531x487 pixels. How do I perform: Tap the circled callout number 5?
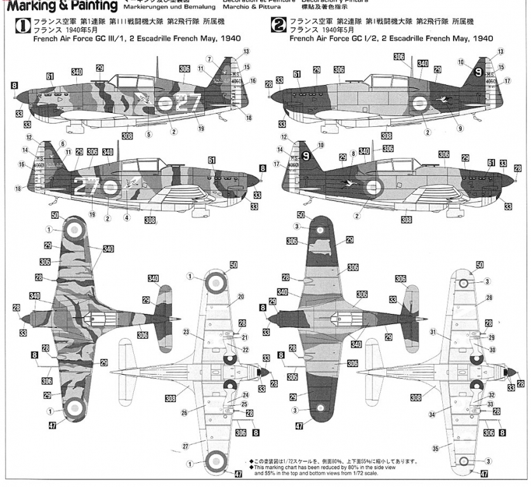[148, 134]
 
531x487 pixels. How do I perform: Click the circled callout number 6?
[63, 143]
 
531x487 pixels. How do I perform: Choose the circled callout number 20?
[241, 296]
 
